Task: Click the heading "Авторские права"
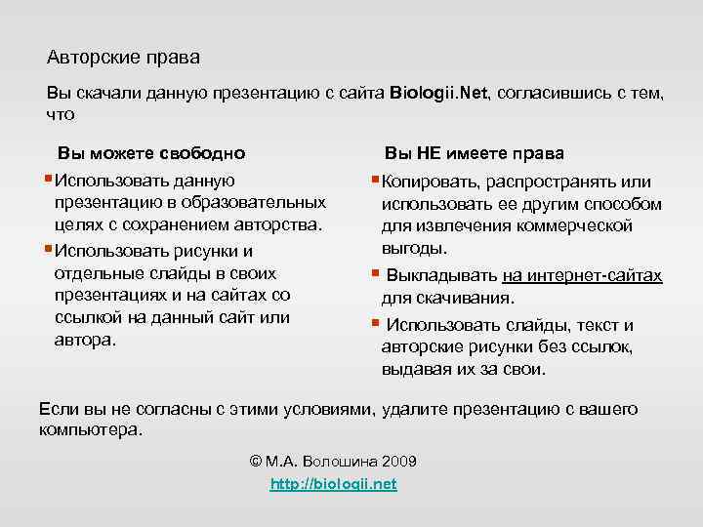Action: (x=123, y=58)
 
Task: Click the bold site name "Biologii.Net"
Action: (x=440, y=94)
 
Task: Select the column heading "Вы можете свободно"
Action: (x=151, y=153)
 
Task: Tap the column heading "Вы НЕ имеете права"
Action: (x=474, y=153)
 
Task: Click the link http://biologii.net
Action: (x=332, y=484)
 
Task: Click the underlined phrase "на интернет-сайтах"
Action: (x=582, y=275)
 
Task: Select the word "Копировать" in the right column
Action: (x=426, y=182)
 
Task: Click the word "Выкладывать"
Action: (x=441, y=275)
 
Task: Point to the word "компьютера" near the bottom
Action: (x=89, y=429)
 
